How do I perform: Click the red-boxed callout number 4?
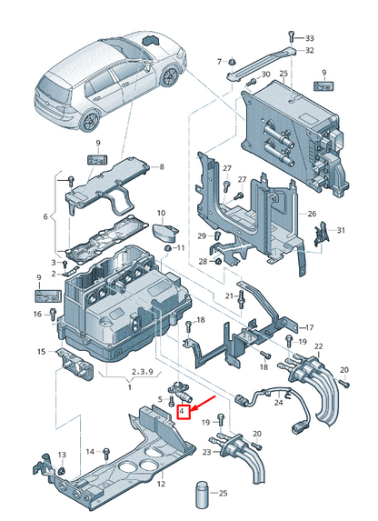[x=183, y=412]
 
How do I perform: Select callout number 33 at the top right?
[x=309, y=38]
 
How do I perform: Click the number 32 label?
[x=309, y=51]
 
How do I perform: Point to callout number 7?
[x=219, y=61]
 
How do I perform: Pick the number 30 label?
[x=265, y=74]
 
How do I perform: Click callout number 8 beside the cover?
[x=161, y=167]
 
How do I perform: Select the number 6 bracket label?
[x=45, y=216]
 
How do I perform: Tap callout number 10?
[x=161, y=214]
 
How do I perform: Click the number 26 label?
[x=312, y=215]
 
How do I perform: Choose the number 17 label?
[x=308, y=327]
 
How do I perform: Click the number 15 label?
[x=41, y=352]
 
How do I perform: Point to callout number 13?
[x=62, y=455]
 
